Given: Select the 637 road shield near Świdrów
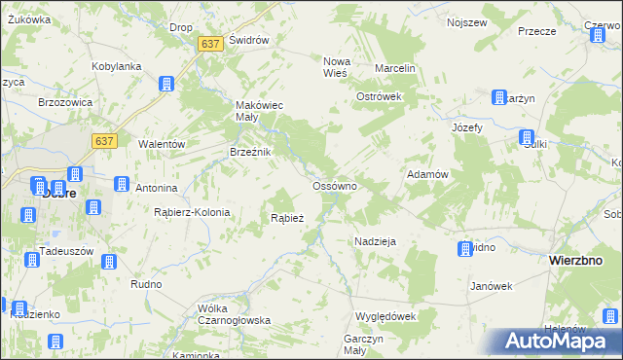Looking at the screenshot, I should pyautogui.click(x=210, y=44).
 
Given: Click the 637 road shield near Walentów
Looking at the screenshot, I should pyautogui.click(x=105, y=141).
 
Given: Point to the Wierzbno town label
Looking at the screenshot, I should pyautogui.click(x=580, y=261).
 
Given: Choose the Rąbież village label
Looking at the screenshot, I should pyautogui.click(x=287, y=218).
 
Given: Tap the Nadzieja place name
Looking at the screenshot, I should pyautogui.click(x=375, y=240).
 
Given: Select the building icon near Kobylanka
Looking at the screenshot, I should pyautogui.click(x=166, y=84).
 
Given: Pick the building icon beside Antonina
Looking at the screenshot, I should pyautogui.click(x=122, y=184).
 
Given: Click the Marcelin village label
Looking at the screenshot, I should pyautogui.click(x=396, y=69).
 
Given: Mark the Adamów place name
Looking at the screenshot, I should pyautogui.click(x=426, y=174).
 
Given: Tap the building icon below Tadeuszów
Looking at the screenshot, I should pyautogui.click(x=109, y=262).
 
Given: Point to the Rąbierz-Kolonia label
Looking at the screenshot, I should pyautogui.click(x=192, y=212).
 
